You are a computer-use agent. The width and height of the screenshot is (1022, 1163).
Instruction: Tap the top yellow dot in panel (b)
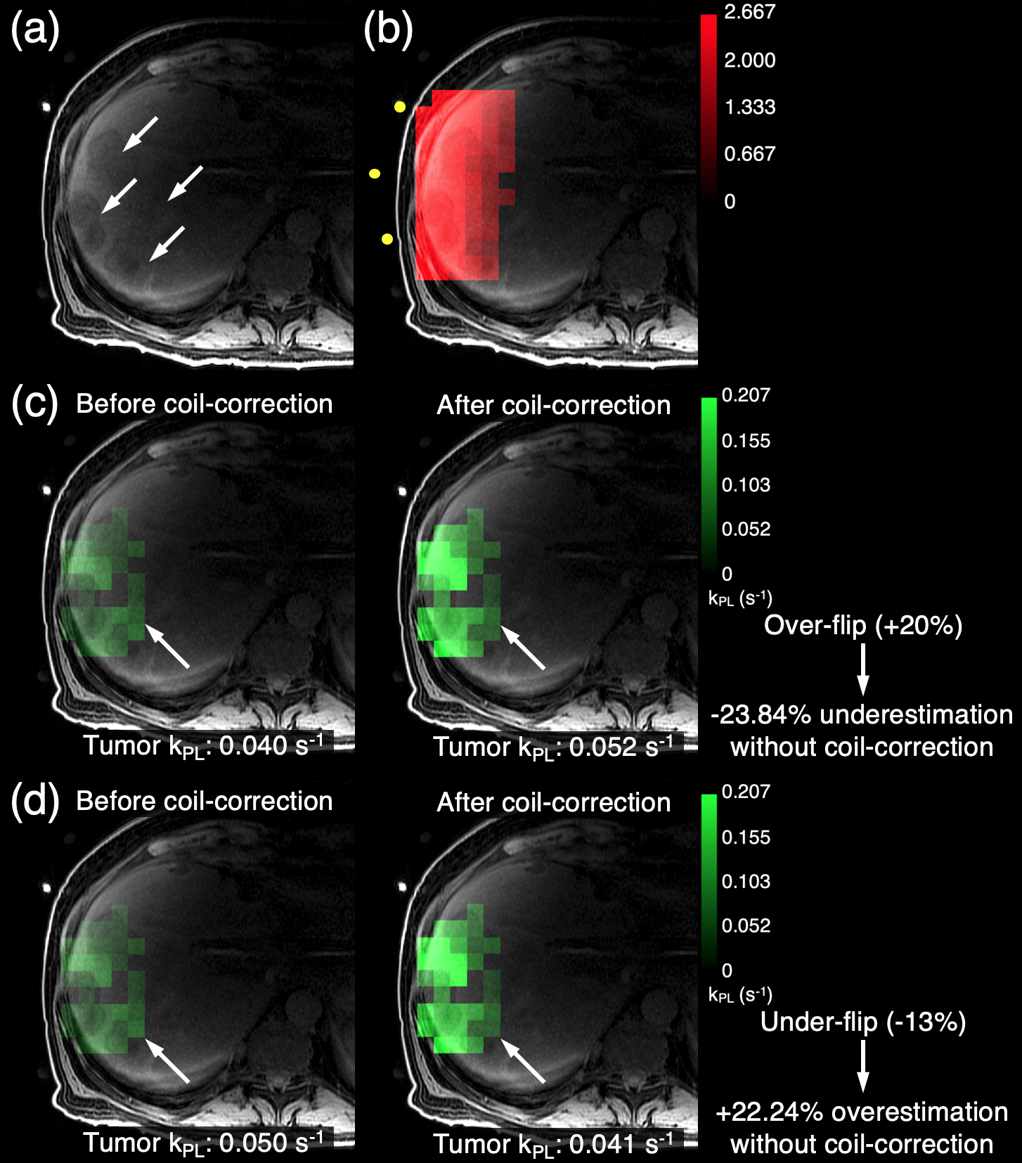[400, 107]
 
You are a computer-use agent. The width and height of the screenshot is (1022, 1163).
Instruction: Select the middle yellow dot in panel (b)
[375, 173]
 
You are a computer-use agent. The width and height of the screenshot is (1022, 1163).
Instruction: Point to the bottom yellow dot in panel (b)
[387, 239]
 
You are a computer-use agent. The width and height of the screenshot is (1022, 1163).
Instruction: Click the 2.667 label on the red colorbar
[749, 13]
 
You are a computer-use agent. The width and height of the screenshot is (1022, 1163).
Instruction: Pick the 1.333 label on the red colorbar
[749, 107]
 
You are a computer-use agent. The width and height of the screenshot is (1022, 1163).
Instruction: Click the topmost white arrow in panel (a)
[141, 134]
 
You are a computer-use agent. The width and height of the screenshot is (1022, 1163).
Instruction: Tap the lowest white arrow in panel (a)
[167, 243]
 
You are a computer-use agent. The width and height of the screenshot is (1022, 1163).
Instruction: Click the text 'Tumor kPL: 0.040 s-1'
[204, 746]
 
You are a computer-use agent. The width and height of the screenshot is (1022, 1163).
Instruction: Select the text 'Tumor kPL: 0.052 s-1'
[554, 747]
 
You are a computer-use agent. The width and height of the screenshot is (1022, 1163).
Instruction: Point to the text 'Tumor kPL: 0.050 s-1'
[204, 1143]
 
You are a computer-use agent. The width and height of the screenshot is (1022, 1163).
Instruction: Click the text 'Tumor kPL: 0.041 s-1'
[554, 1144]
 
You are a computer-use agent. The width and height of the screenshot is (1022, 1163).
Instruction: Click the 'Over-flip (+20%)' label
[863, 625]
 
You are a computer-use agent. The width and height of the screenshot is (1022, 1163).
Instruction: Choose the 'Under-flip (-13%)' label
[863, 1022]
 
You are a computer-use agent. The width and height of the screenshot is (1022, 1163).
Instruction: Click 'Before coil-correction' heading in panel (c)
[204, 404]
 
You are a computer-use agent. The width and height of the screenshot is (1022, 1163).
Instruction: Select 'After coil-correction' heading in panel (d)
[554, 802]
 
